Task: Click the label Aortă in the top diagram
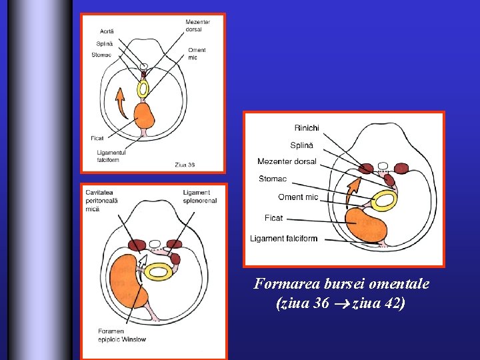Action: tap(107, 31)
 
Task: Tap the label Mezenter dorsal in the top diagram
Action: tap(198, 26)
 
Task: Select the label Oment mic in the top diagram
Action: tap(197, 53)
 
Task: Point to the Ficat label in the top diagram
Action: tap(97, 138)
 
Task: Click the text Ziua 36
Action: tap(185, 164)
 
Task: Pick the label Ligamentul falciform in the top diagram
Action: tap(111, 156)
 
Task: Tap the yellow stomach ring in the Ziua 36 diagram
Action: tap(143, 89)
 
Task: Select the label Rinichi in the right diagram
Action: tap(307, 128)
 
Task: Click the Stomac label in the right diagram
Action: tap(273, 179)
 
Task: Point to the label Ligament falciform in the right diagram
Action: tap(283, 239)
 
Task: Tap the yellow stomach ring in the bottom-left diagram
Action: tap(159, 271)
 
